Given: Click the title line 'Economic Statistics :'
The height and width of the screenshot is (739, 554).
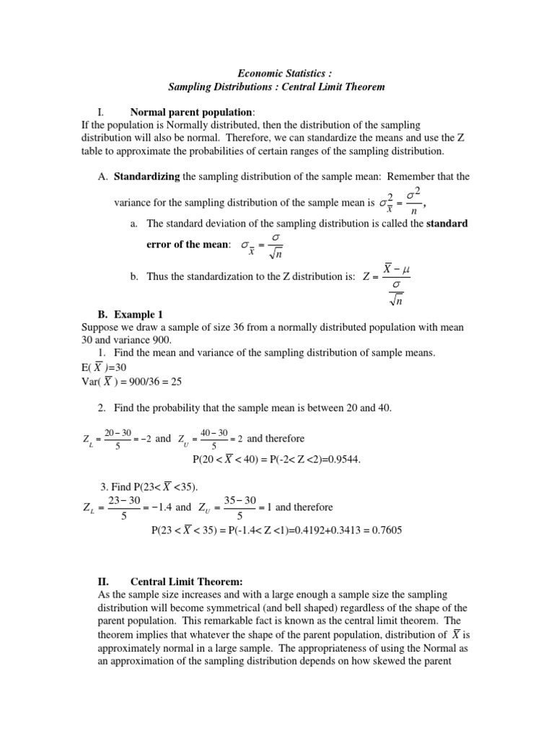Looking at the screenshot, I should point(276,73).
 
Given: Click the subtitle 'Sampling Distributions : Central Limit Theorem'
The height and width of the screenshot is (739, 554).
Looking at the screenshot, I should point(276,87).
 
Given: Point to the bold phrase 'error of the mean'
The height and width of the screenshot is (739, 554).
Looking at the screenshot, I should point(188,245).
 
